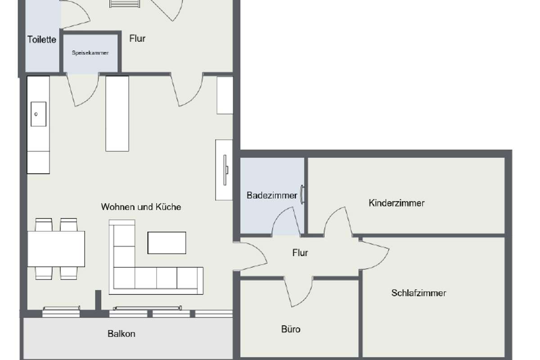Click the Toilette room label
[x=42, y=40]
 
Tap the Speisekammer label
[x=90, y=53]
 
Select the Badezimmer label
[x=272, y=195]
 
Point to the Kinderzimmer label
[x=396, y=203]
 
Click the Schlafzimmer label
[x=419, y=293]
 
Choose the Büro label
[x=291, y=329]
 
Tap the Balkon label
[x=121, y=334]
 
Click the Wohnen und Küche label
[x=141, y=207]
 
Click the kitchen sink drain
[x=36, y=114]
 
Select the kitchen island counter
[x=117, y=113]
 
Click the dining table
[x=56, y=249]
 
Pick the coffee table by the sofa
[x=167, y=243]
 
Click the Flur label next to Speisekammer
[x=137, y=39]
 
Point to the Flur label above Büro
[x=300, y=253]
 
